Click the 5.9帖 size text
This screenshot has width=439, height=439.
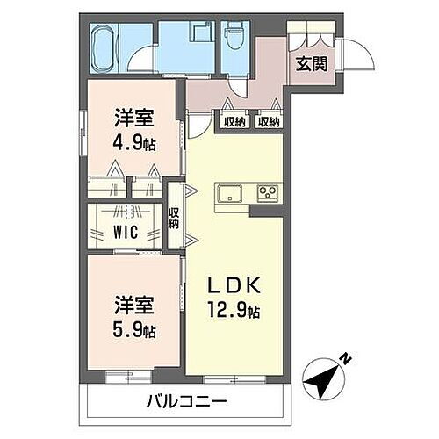point(134,331)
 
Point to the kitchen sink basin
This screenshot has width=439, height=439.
point(229,192)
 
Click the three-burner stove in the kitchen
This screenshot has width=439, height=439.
point(266,192)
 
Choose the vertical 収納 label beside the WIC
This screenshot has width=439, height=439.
point(174,217)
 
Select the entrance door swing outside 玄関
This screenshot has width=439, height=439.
point(358,55)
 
